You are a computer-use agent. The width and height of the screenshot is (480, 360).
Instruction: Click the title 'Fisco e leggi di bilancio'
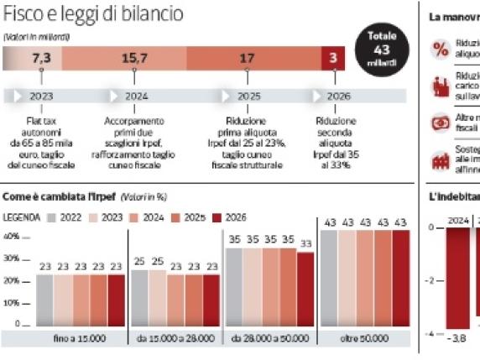(x=93, y=15)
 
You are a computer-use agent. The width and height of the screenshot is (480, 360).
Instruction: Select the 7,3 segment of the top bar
(x=41, y=59)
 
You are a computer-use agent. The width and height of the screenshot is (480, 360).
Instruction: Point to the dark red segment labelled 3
(x=333, y=59)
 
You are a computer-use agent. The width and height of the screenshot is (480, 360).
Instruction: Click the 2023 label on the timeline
(x=42, y=96)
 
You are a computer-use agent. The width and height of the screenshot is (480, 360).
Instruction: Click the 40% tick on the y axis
(x=12, y=237)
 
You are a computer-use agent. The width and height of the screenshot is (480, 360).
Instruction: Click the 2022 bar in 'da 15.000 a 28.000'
(x=138, y=296)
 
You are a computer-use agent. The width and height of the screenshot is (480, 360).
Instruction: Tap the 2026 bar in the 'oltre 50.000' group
(x=400, y=277)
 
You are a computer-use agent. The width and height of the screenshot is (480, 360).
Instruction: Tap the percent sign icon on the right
(x=440, y=50)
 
